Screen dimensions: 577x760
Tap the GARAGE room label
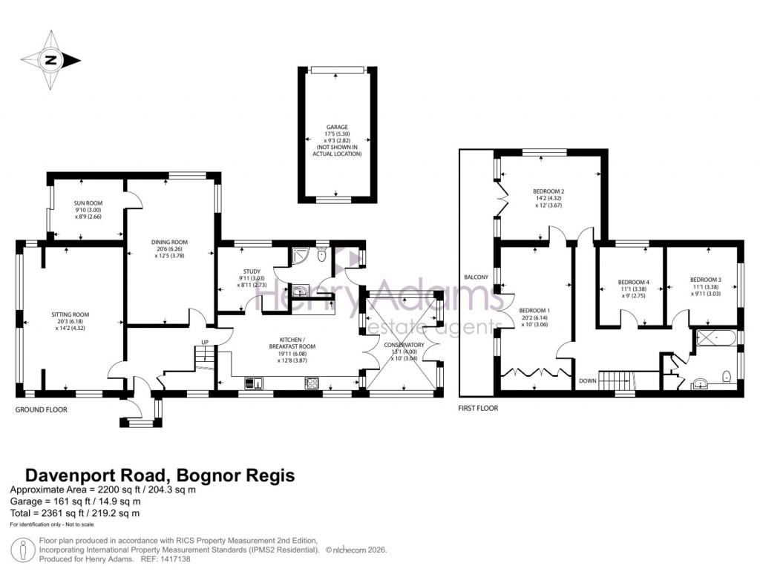click(337, 127)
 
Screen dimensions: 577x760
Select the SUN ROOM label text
click(88, 202)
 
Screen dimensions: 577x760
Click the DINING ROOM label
click(169, 242)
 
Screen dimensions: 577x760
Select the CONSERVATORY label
click(404, 345)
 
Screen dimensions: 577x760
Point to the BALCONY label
click(476, 277)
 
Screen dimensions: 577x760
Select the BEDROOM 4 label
click(634, 282)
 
